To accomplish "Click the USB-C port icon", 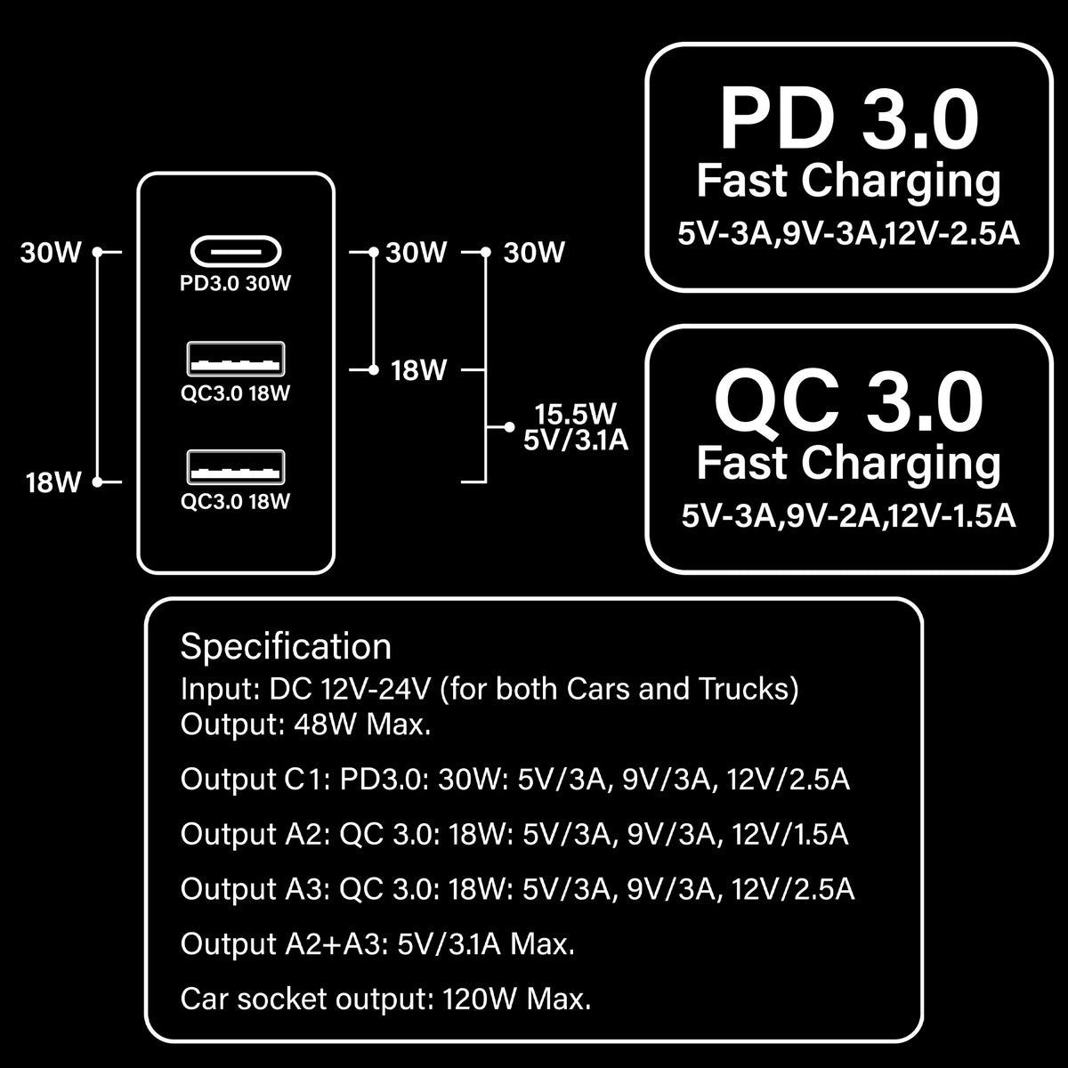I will click(x=236, y=252).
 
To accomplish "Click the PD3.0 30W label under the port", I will click(x=236, y=284).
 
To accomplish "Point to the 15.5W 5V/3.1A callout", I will click(x=575, y=426).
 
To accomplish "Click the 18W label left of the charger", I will click(x=53, y=483).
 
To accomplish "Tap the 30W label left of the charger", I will click(x=51, y=253).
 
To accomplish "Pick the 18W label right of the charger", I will click(x=418, y=370).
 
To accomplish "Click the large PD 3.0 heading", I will click(x=848, y=119).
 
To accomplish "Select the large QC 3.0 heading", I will click(x=848, y=402).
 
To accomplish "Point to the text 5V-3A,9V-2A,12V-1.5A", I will click(x=848, y=516).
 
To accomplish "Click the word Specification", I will click(x=286, y=646).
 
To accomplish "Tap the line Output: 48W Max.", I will click(x=305, y=724).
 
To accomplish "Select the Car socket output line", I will click(x=385, y=999).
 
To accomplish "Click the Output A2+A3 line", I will click(x=377, y=943).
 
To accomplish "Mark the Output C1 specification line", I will click(x=514, y=780).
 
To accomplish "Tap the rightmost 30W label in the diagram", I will click(x=534, y=253).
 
